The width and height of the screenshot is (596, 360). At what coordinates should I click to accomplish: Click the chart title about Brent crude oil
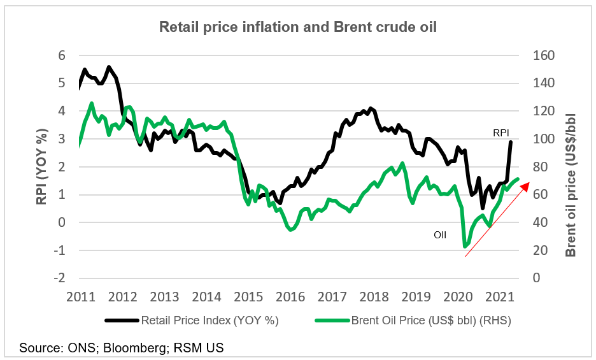[x=297, y=27]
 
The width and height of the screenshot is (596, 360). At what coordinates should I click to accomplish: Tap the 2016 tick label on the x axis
[x=290, y=297]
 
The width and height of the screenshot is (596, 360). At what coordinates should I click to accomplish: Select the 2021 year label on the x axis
[x=500, y=297]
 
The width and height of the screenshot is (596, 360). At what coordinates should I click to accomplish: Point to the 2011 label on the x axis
[x=81, y=297]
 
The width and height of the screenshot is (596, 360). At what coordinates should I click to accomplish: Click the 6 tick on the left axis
[x=62, y=55]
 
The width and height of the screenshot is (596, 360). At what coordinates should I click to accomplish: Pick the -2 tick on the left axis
[x=59, y=278]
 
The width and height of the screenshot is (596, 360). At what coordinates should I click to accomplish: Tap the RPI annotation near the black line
[x=502, y=133]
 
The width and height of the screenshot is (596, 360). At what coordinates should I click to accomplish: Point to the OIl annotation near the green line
[x=440, y=234]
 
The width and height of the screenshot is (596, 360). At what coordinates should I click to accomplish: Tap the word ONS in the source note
[x=72, y=348]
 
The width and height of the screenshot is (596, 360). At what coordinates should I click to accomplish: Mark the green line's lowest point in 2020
[x=465, y=247]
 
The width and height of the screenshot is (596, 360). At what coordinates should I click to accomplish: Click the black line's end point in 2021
[x=511, y=141]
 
